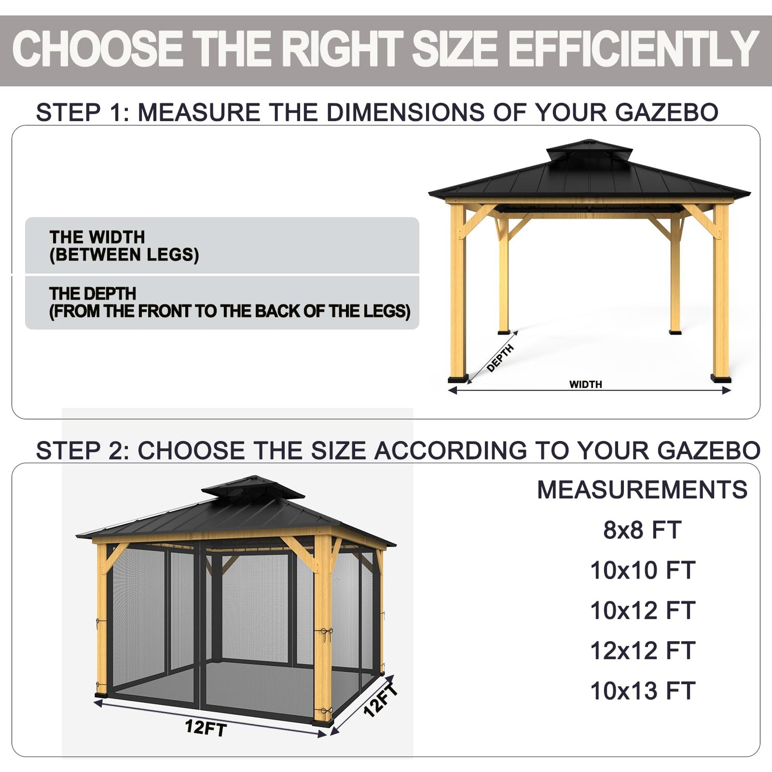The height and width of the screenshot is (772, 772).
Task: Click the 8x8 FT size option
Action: [x=642, y=530]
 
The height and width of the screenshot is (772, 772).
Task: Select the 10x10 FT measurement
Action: [x=643, y=570]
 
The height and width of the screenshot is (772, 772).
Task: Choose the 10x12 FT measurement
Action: [x=643, y=610]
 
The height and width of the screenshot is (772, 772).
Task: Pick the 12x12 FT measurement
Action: [x=643, y=651]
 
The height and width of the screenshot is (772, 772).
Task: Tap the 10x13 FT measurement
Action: [x=643, y=691]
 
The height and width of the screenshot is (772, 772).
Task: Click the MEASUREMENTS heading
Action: [x=642, y=489]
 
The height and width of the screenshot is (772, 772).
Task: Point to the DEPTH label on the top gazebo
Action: [x=500, y=358]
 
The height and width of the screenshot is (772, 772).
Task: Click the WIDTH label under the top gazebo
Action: [x=586, y=384]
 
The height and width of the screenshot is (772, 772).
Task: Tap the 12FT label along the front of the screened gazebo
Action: [x=206, y=728]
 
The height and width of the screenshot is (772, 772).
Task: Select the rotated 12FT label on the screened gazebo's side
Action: [x=381, y=700]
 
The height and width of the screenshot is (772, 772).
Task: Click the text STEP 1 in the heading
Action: [x=83, y=112]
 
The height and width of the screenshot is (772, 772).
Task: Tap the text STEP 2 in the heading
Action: [x=83, y=450]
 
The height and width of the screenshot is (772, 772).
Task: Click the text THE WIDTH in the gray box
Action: [x=97, y=237]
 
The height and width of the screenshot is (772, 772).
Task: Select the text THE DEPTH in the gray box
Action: [x=93, y=294]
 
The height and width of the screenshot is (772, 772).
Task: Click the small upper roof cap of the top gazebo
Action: [x=589, y=150]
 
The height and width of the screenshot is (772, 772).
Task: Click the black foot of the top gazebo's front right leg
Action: [x=721, y=379]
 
